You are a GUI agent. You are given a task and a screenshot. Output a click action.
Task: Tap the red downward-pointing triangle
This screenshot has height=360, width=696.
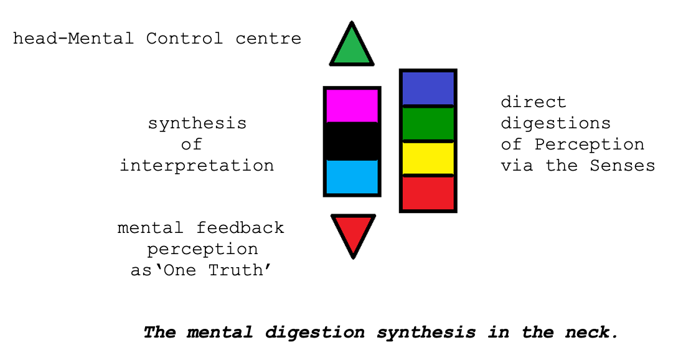(x=353, y=230)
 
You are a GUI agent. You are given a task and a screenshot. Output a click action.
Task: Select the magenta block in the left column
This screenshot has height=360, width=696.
(x=352, y=106)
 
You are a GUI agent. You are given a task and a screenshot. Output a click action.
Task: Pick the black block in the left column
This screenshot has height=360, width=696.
(x=352, y=141)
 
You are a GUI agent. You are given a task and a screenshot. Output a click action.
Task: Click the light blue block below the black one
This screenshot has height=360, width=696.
(x=352, y=177)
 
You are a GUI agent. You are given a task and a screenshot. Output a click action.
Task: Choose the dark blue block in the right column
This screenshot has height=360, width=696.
(x=428, y=88)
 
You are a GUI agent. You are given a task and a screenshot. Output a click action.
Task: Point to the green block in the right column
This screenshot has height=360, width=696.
(x=428, y=124)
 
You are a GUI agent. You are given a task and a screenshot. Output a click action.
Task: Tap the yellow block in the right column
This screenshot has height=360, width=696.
(x=428, y=159)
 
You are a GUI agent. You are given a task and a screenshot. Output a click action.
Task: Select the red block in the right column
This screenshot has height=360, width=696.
(x=428, y=193)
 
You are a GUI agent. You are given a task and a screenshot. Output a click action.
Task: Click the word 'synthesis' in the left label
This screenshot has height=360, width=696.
(x=197, y=123)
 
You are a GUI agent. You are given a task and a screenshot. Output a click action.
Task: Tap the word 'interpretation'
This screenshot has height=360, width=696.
(x=197, y=166)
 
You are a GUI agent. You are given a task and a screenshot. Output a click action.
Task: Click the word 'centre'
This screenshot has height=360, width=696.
(x=268, y=39)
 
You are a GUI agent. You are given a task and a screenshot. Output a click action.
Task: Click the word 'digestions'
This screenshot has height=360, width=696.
(x=555, y=123)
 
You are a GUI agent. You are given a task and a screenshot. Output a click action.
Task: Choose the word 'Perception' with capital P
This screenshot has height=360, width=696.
(x=589, y=144)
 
